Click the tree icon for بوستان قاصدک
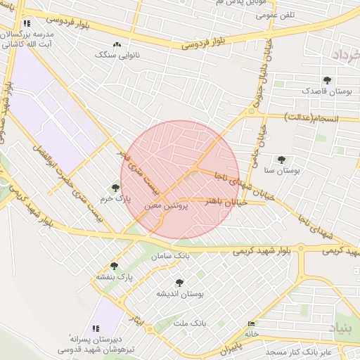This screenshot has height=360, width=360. tap(326, 80)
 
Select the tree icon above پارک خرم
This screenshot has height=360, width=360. tap(115, 187)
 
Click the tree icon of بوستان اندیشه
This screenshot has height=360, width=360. tap(179, 283)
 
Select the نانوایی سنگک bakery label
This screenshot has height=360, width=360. tap(116, 54)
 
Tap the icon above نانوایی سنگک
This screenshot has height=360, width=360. tap(117, 44)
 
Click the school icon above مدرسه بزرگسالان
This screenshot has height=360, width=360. tap(27, 23)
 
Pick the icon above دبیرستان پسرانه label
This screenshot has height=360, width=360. tap(96, 328)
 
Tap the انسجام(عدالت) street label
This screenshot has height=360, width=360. tap(312, 117)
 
